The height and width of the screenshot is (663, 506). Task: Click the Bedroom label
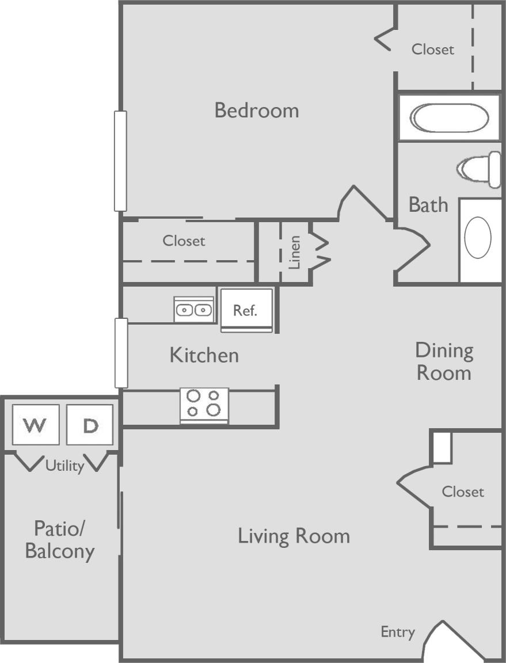[257, 110]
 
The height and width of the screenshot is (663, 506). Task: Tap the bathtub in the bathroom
[449, 118]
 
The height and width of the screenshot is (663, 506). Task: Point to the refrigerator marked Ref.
[246, 310]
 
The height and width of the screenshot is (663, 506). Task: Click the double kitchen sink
[193, 310]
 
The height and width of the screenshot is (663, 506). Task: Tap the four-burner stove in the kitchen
[204, 403]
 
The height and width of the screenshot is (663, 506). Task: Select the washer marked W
[36, 425]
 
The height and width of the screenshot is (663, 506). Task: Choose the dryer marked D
[89, 425]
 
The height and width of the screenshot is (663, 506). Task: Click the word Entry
[398, 632]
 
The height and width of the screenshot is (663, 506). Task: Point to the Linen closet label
[295, 252]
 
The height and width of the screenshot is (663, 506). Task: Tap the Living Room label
[294, 536]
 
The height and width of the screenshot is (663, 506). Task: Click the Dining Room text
[444, 361]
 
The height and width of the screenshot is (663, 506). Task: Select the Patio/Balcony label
[59, 539]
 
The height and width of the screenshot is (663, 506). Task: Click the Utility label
[64, 465]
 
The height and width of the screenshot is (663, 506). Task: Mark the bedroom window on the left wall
[120, 161]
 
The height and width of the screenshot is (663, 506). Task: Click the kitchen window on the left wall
[121, 353]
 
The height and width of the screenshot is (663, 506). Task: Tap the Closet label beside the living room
[463, 491]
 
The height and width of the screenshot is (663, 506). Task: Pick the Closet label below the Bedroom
[184, 241]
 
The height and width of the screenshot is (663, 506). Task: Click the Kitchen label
[204, 355]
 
